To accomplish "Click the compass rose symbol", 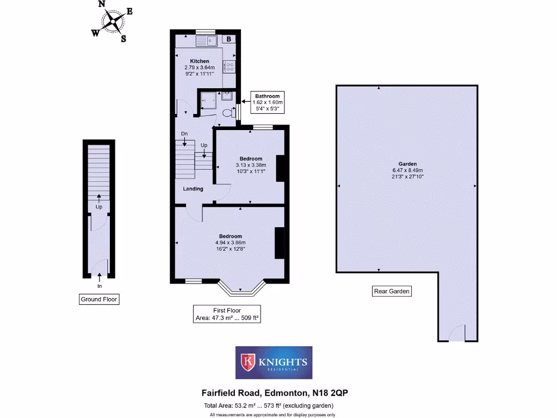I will point(113,21).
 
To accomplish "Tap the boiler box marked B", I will point(229,39).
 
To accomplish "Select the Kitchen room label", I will point(199,61).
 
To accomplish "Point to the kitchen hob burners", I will point(230,66).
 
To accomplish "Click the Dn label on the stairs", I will point(185,134).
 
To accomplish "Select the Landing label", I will point(193,189).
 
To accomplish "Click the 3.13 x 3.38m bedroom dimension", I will point(251,165).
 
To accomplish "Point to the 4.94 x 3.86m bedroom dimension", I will point(231,242).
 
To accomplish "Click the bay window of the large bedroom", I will point(242,289).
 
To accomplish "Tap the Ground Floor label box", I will point(98,299).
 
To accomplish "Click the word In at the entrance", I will point(100,286).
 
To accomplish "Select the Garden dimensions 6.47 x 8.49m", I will point(407,170).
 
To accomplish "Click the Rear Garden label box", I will point(392,291).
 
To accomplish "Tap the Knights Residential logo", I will point(274,362).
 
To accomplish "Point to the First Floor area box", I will point(227,314).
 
